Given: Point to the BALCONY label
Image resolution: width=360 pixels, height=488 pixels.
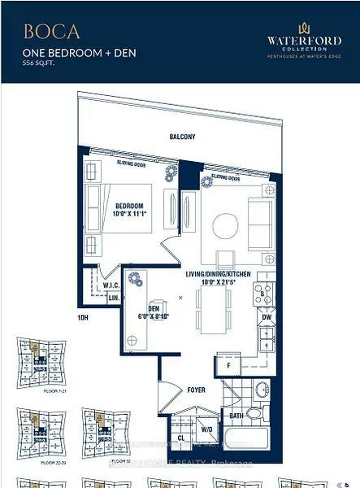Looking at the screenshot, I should [x=182, y=137].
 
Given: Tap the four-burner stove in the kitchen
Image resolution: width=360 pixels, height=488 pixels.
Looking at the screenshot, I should [x=263, y=294].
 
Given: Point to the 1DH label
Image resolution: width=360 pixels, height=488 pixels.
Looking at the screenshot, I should [x=82, y=316].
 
